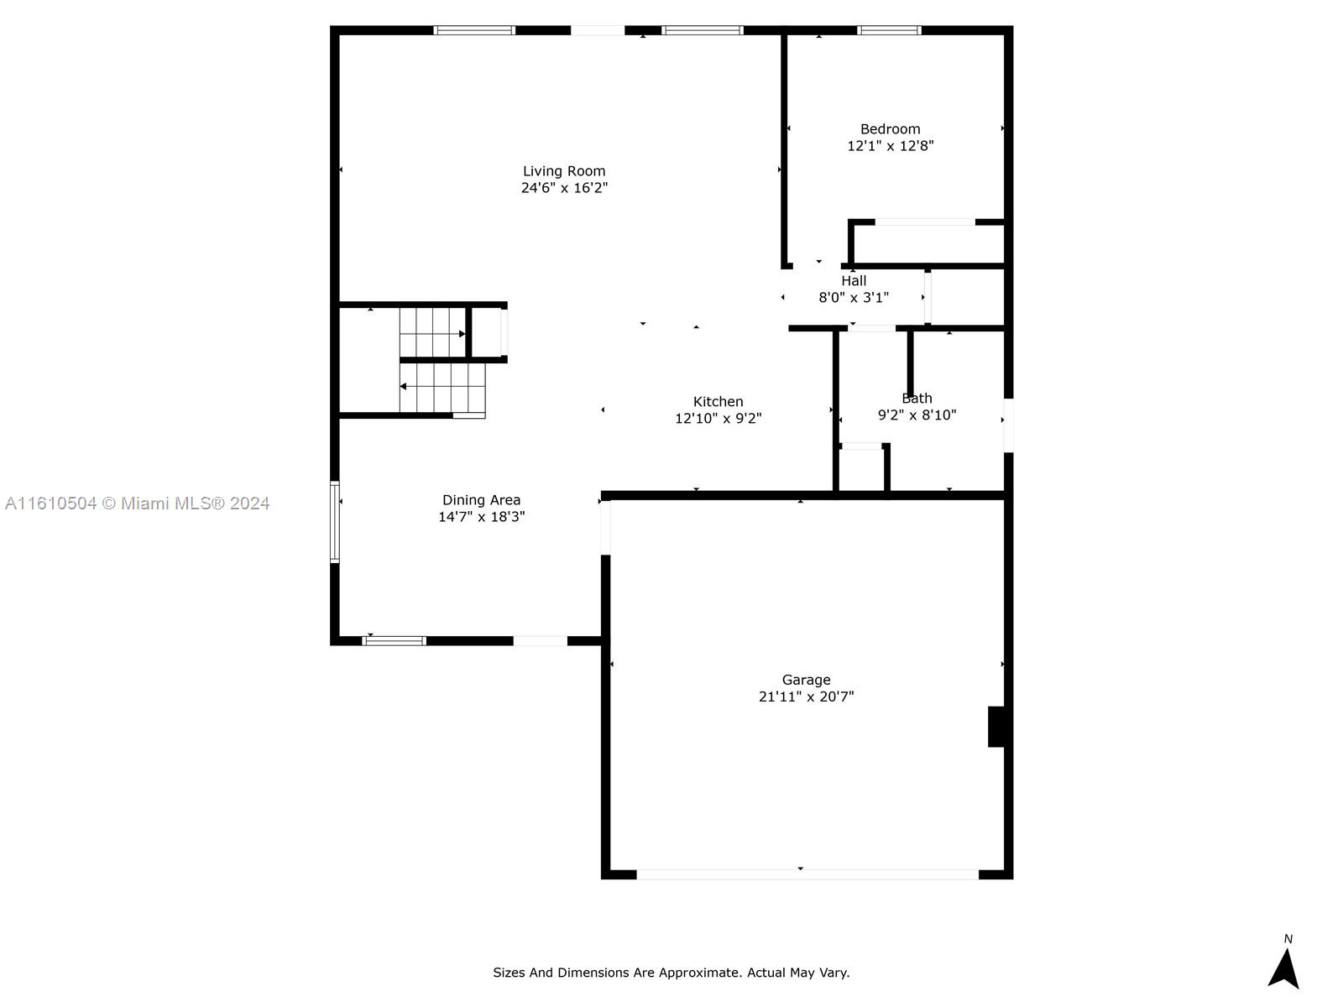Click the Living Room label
click(563, 171)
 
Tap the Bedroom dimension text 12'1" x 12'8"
click(890, 146)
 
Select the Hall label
click(854, 281)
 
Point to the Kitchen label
click(718, 402)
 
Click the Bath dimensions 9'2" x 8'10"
click(917, 415)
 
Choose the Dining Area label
click(481, 500)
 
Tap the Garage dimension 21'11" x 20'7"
click(806, 697)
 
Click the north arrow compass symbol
click(1283, 968)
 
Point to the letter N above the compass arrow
click(1288, 939)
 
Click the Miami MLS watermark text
click(137, 503)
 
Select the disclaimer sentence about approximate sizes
click(671, 973)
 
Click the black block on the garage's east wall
click(996, 727)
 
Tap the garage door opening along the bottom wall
click(807, 874)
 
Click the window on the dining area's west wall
click(335, 521)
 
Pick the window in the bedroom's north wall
click(889, 31)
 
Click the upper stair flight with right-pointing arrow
click(432, 333)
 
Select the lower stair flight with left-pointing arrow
click(442, 387)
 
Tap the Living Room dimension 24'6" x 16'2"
click(563, 188)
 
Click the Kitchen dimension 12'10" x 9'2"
click(718, 419)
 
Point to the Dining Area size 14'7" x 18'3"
click(481, 517)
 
